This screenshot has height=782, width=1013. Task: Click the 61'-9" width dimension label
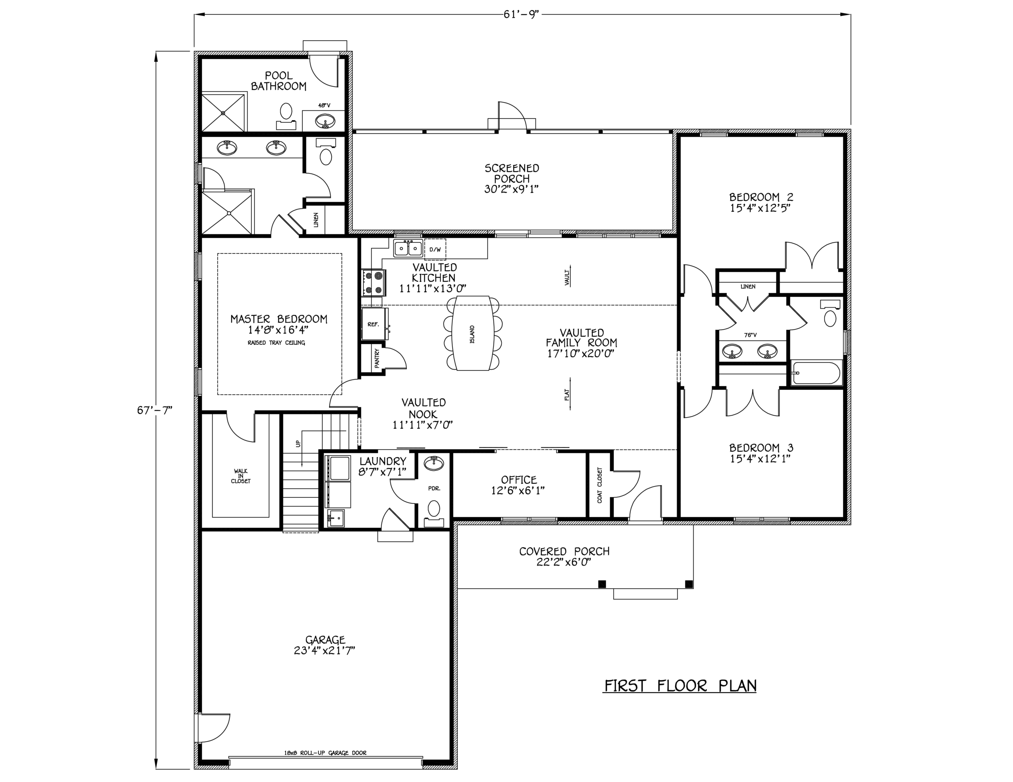pos(522,14)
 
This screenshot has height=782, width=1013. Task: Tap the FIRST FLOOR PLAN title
pos(680,686)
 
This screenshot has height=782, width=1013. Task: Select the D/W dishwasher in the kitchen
pos(434,249)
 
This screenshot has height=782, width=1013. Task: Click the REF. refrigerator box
pos(374,324)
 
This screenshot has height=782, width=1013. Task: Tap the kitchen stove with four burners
pos(374,283)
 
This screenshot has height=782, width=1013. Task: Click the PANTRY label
pos(377,358)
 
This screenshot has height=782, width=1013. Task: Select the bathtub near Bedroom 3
pos(816,373)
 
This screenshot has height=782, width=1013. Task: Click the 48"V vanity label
pos(324,105)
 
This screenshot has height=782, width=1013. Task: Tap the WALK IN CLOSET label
pos(241,476)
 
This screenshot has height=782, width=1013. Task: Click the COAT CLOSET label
pos(600,485)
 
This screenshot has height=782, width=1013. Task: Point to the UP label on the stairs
pos(298,443)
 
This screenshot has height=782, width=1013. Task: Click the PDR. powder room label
pos(434,488)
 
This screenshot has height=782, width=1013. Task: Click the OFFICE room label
pos(518,480)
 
